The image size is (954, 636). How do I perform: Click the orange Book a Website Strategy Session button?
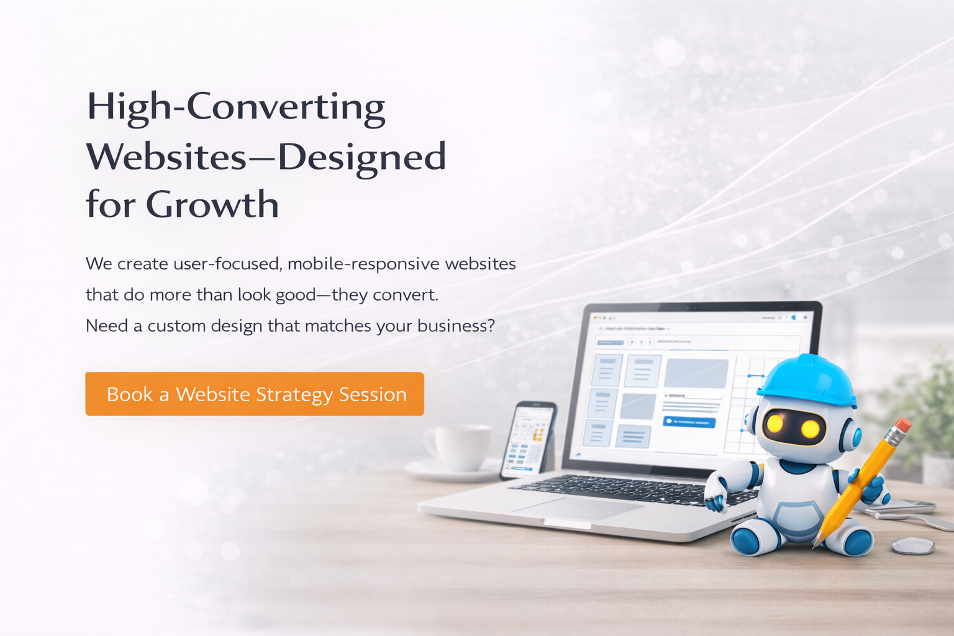255,394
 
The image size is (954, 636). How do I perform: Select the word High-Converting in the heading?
236,107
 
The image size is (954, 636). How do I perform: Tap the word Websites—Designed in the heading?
266,156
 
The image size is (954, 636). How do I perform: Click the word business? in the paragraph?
456,325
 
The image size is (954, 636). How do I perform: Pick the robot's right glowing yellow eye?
810,429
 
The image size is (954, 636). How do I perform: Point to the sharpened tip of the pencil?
815,545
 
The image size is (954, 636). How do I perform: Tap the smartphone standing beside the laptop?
528,440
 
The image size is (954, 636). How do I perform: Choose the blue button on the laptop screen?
689,422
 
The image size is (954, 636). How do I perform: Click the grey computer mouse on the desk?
913,546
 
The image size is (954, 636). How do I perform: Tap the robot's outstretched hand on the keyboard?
715,497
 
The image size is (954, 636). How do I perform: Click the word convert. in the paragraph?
405,294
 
